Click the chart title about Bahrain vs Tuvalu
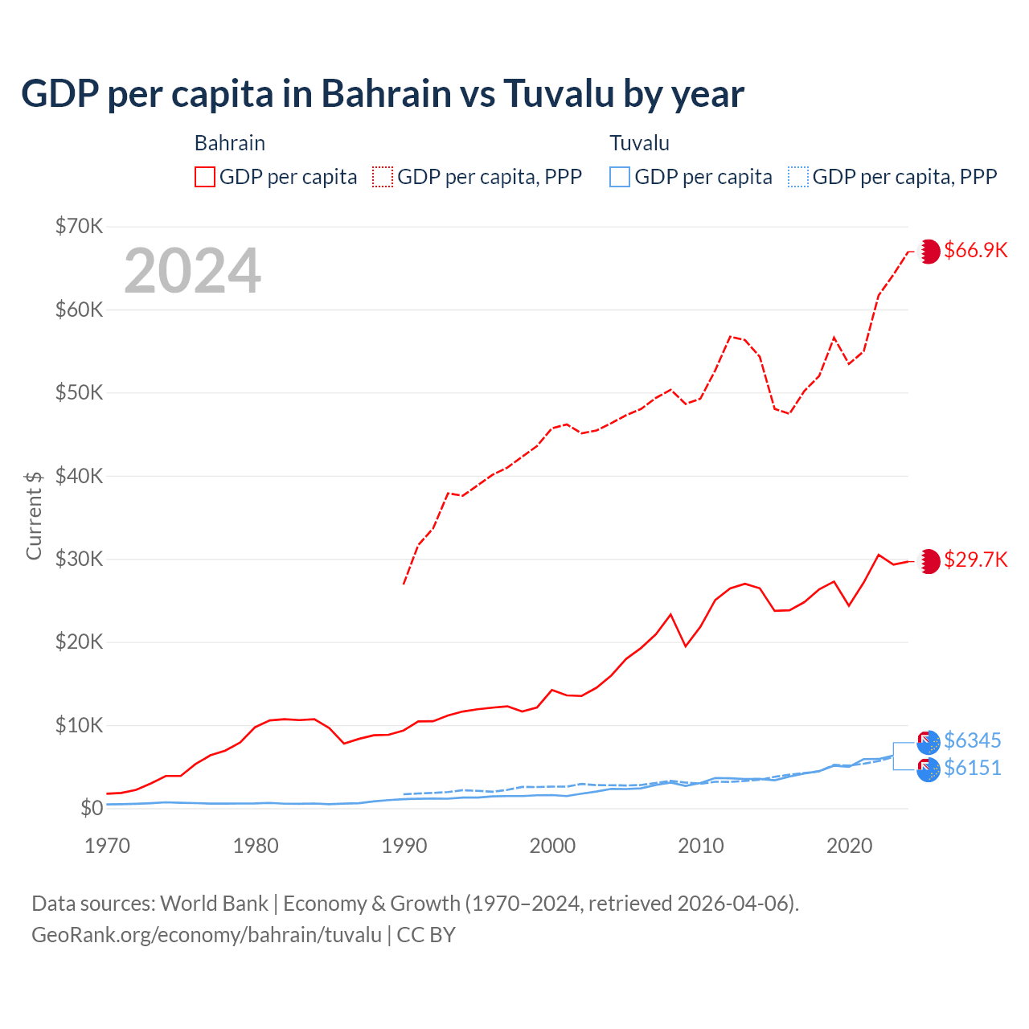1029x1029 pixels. pos(383,94)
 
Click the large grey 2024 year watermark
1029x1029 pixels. pos(193,271)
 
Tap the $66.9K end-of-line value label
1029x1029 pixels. pos(975,250)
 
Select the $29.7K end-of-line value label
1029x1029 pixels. pos(975,560)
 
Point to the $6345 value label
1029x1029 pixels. pos(972,740)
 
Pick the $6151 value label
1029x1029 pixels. pos(972,769)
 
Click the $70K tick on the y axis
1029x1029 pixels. pos(79,226)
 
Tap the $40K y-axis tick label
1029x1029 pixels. pos(79,476)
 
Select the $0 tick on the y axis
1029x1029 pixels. pos(92,808)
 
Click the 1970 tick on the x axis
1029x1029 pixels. pos(107,846)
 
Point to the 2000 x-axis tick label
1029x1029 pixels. pos(552,846)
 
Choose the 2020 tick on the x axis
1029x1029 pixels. pos(850,846)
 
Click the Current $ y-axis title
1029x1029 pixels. pos(34,515)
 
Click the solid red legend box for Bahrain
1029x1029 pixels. pos(205,177)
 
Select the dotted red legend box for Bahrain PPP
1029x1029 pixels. pos(383,177)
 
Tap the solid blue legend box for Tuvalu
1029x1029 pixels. pos(620,177)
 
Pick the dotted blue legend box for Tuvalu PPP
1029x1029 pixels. pos(798,177)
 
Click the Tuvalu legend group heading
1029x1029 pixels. pos(639,143)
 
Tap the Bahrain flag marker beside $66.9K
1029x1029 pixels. pos(929,251)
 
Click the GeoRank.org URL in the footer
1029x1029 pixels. pos(207,935)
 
